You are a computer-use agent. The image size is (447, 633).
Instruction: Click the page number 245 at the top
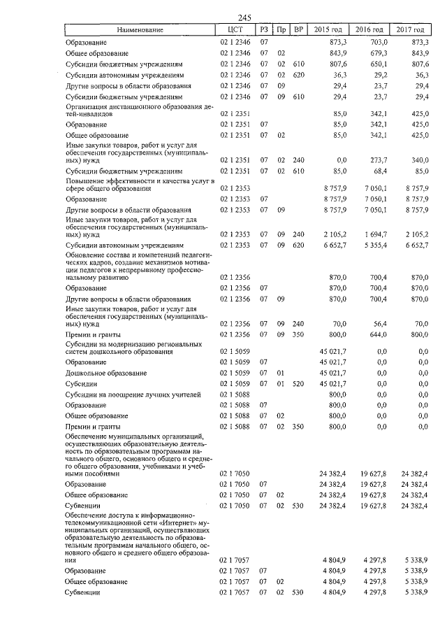click(244, 18)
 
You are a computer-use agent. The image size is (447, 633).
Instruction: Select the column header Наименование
click(140, 29)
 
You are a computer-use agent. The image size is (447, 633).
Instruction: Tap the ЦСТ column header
click(235, 29)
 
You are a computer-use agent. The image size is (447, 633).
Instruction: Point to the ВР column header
click(299, 29)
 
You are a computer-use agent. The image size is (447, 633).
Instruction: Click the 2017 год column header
click(411, 29)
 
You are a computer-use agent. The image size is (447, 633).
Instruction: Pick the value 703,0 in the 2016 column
click(377, 42)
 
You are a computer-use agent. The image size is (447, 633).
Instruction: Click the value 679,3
click(377, 53)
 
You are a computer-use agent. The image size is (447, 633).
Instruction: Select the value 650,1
click(377, 64)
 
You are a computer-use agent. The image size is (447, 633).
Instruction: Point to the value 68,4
click(377, 171)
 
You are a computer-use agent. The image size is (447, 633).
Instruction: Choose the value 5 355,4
click(374, 246)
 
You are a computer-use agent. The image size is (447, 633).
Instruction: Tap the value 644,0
click(377, 335)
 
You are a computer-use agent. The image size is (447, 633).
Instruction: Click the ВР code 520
click(299, 383)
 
